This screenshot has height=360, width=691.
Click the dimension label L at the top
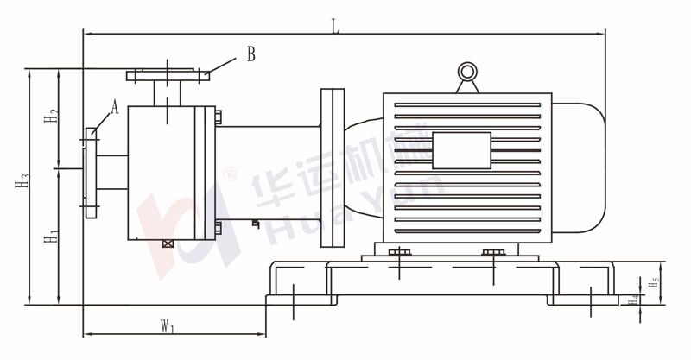pos(336,27)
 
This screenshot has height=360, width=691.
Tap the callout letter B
pos(250,54)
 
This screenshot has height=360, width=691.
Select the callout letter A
pos(115,107)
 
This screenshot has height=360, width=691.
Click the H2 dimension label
pos(51,116)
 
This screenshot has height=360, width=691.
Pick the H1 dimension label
pos(51,237)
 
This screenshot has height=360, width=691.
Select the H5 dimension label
pos(654,282)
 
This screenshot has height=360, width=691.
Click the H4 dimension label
pos(634,300)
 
